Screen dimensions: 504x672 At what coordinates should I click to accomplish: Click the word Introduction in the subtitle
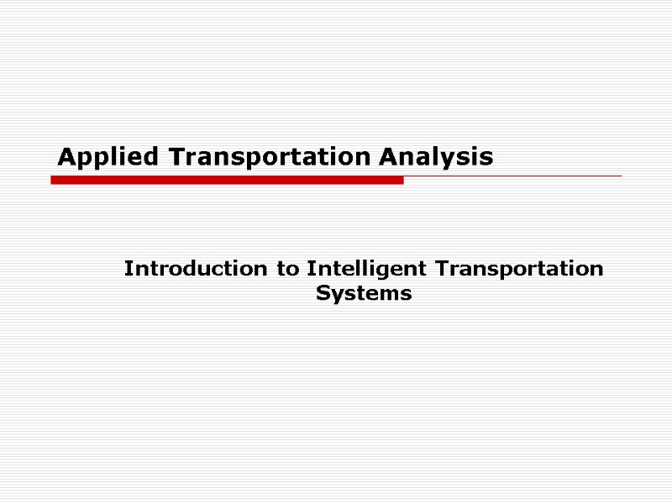(197, 269)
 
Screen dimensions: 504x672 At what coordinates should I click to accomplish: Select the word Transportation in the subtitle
(514, 269)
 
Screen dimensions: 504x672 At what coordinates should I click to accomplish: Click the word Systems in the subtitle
(364, 293)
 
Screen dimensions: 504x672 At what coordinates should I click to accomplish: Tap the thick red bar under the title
(227, 180)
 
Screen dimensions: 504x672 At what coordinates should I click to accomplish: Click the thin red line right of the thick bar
(512, 176)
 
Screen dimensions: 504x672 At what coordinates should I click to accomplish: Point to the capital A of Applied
(66, 157)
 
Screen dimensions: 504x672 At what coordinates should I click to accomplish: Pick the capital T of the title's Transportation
(176, 157)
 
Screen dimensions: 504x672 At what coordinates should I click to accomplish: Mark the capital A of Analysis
(386, 157)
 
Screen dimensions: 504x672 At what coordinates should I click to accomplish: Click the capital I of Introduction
(129, 269)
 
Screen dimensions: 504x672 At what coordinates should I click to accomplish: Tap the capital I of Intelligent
(311, 269)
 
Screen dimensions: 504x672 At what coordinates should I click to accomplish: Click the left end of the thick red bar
(54, 180)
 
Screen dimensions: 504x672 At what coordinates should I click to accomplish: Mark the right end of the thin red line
(620, 176)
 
